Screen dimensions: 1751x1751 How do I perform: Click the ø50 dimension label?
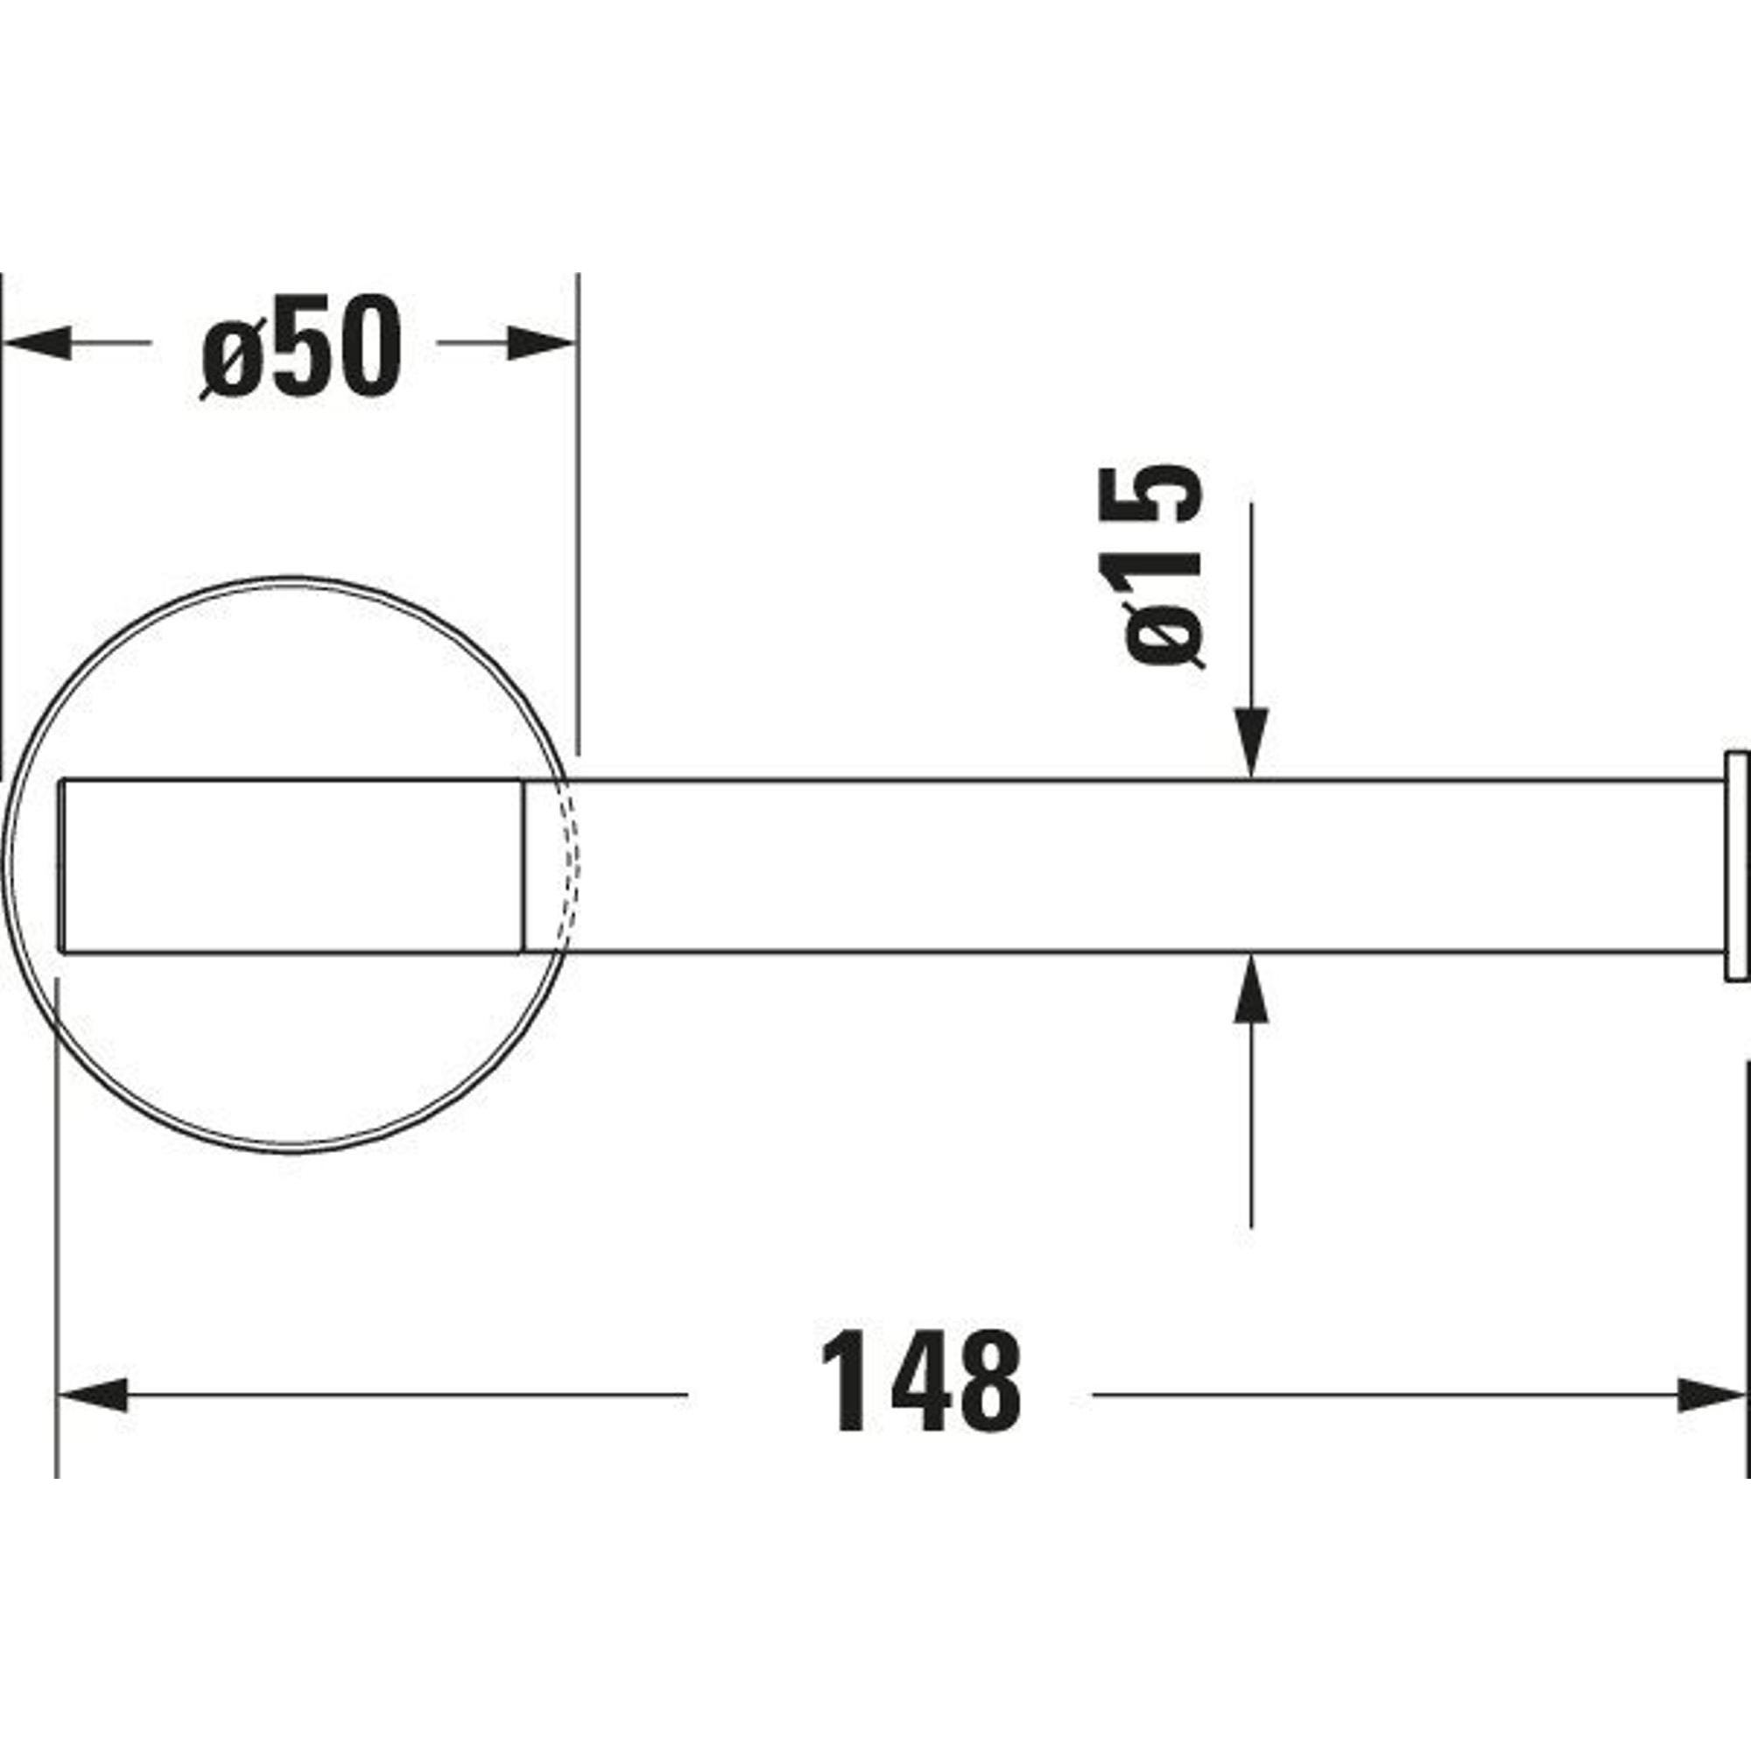tap(300, 345)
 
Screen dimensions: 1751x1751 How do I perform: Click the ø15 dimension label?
tap(1152, 566)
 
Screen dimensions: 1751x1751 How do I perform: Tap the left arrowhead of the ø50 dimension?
tap(36, 342)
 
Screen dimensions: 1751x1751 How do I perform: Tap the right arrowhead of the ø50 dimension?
tap(542, 342)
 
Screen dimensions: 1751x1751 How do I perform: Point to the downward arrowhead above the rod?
tap(1252, 743)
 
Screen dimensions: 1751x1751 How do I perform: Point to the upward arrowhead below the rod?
tap(1252, 987)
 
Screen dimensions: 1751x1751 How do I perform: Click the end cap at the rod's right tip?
tap(1736, 866)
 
